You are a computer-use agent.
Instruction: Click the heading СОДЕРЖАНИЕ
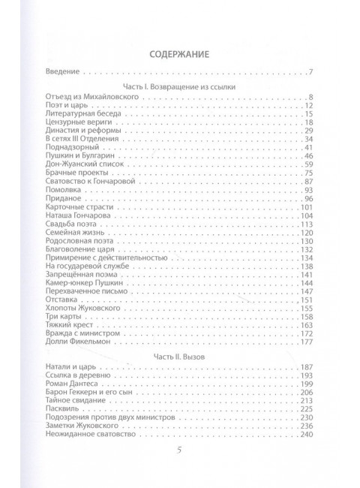coord(178,53)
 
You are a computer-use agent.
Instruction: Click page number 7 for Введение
coord(309,73)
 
